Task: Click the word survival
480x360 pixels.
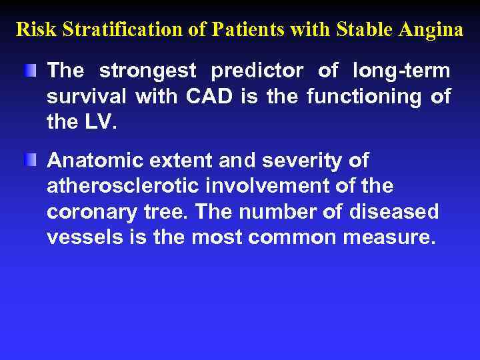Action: pyautogui.click(x=87, y=97)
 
